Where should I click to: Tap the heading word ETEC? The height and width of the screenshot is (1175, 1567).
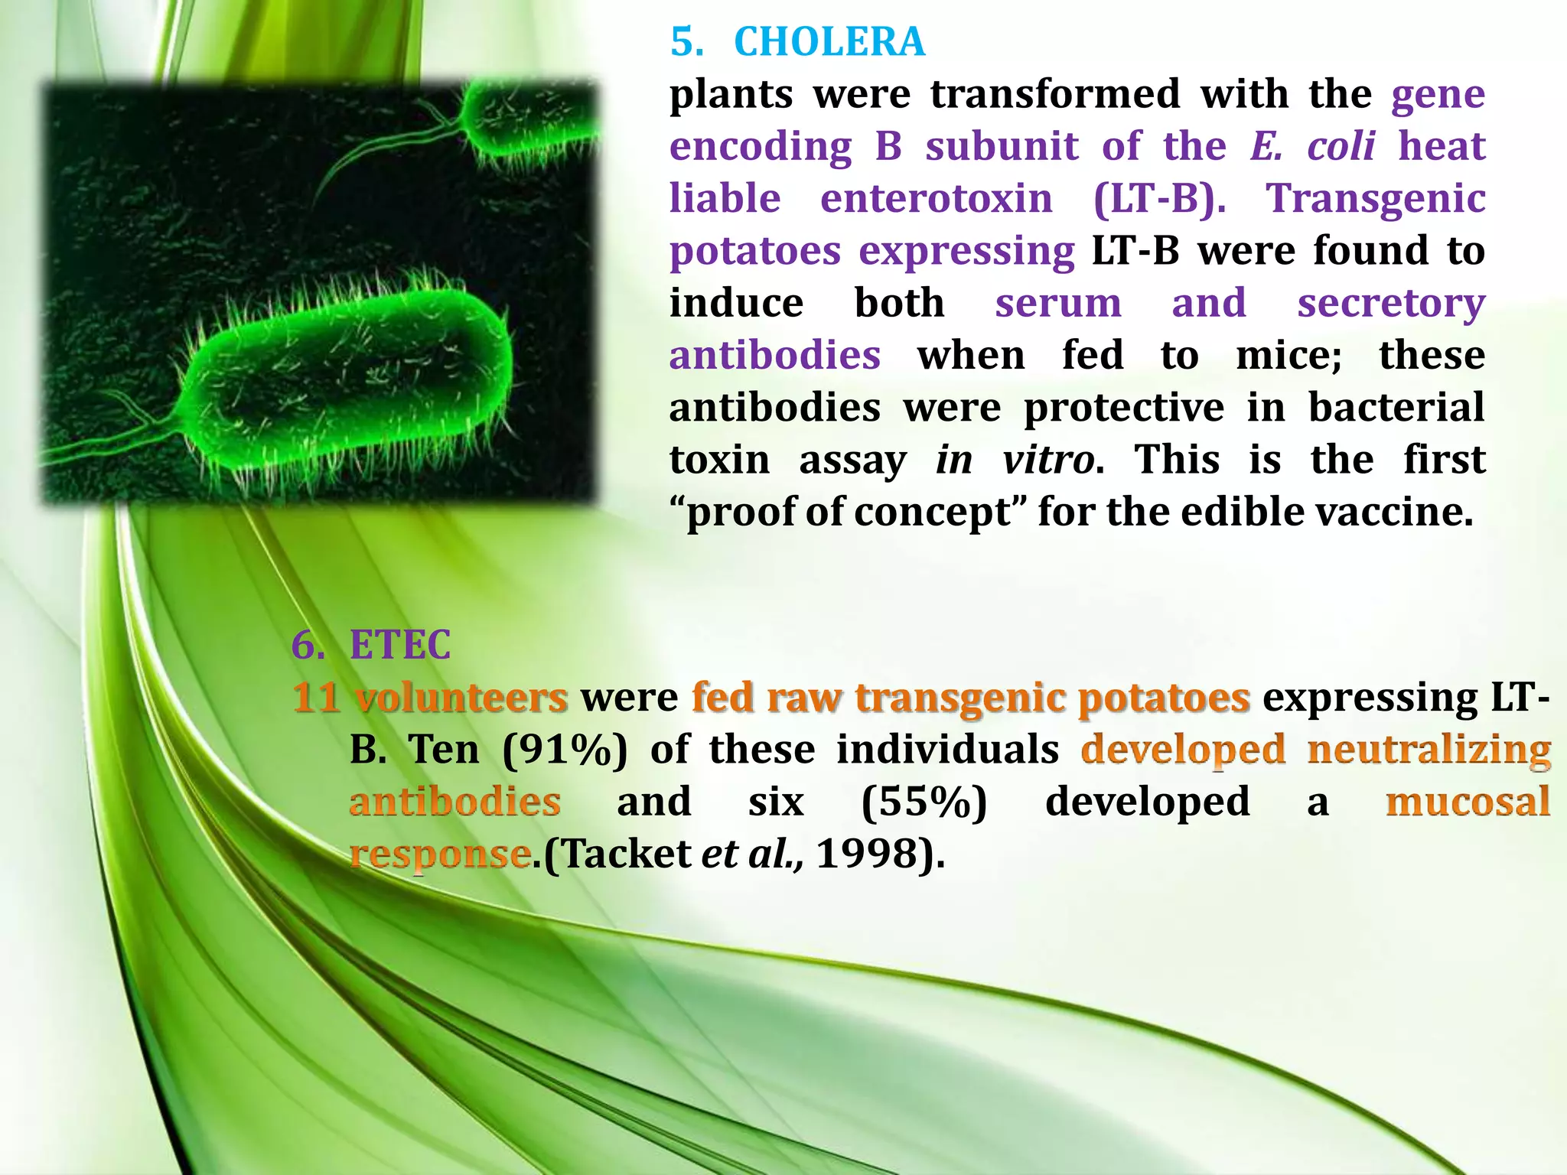click(399, 645)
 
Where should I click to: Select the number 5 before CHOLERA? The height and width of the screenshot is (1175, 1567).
click(686, 42)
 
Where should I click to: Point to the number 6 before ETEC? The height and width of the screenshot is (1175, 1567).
click(307, 645)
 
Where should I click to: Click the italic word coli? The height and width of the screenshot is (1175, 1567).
click(1341, 146)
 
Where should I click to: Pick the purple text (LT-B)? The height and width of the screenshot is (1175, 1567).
click(1158, 199)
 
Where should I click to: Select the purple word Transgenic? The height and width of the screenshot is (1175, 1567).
click(1376, 199)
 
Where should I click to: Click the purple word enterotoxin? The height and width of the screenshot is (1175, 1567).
click(936, 199)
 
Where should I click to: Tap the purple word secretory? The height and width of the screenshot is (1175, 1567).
click(1390, 304)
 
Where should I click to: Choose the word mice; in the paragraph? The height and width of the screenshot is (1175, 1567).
click(1288, 356)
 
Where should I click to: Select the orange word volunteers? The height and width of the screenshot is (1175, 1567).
click(461, 698)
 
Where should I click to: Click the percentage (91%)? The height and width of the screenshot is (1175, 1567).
click(565, 750)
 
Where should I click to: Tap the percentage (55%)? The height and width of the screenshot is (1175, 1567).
click(924, 802)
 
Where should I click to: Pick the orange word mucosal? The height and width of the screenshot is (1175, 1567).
click(1468, 802)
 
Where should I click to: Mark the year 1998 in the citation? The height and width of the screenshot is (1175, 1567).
click(866, 854)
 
